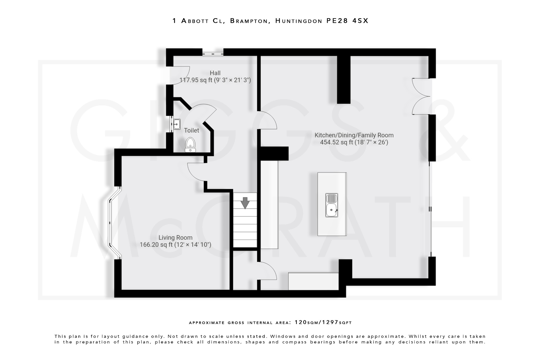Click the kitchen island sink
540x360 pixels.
point(331,205)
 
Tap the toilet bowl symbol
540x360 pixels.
point(190,145)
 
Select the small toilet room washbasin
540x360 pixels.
point(176,124)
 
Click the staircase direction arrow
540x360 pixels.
point(245,203)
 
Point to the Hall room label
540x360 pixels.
point(215,73)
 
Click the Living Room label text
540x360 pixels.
point(175,237)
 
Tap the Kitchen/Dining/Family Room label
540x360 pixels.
point(354,135)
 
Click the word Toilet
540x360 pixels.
point(191,130)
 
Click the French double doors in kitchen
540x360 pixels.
point(421,96)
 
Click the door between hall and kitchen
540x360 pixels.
point(268,120)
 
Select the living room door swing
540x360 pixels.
point(196,172)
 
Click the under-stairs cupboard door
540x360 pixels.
point(268,271)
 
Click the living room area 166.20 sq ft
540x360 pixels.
point(156,245)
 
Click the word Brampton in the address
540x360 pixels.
point(249,21)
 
